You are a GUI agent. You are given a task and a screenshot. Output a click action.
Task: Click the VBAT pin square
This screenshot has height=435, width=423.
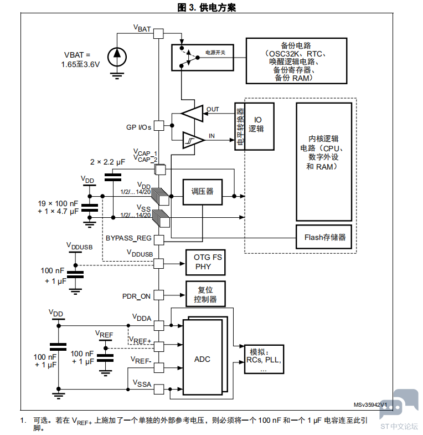[x=158, y=34]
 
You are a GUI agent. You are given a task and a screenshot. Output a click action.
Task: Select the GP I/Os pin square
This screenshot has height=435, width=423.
[x=159, y=125]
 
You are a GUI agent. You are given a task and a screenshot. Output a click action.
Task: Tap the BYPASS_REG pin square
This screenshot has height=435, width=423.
[x=159, y=240]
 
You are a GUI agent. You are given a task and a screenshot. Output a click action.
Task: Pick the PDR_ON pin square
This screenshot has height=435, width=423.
[x=159, y=295]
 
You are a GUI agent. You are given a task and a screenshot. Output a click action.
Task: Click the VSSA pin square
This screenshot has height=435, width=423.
[x=159, y=389]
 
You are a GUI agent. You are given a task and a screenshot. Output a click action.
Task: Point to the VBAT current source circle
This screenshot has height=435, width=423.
[x=117, y=57]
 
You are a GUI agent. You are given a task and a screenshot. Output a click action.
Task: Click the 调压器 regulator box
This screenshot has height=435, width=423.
[x=202, y=192]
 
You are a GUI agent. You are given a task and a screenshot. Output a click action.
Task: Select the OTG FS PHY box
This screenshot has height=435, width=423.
[x=205, y=262]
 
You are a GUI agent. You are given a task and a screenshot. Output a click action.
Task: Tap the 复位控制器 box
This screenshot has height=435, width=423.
[x=205, y=294]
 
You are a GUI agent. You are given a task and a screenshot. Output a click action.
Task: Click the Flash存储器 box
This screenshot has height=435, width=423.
[x=324, y=237]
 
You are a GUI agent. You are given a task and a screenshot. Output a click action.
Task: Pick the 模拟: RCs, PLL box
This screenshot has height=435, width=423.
[x=264, y=359]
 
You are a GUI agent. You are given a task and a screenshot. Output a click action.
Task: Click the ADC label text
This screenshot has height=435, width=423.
[x=202, y=359]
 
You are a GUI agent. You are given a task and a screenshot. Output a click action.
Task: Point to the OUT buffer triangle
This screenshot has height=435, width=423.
[x=192, y=113]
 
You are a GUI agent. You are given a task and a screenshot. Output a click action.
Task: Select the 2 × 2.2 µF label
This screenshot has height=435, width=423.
[x=107, y=162]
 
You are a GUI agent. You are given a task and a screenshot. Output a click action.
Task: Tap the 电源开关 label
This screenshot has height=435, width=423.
[x=215, y=53]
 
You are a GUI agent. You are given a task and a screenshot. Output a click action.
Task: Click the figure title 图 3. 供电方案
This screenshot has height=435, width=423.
[x=207, y=8]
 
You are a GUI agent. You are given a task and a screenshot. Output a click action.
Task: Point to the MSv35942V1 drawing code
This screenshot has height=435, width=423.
[x=370, y=405]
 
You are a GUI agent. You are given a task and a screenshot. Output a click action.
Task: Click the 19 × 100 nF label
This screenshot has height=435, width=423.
[x=58, y=203]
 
